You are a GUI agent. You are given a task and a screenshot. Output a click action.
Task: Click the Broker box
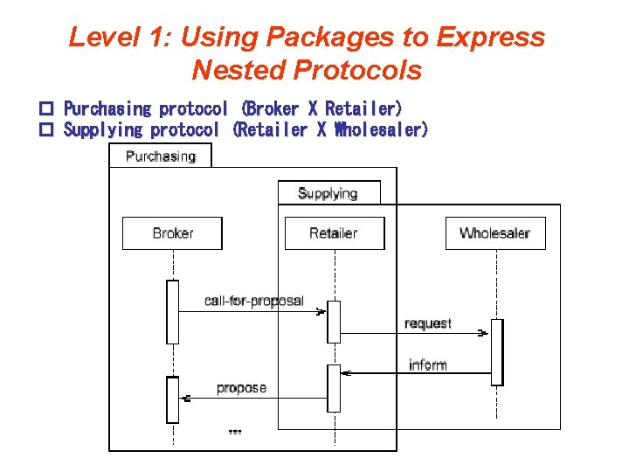click(x=172, y=233)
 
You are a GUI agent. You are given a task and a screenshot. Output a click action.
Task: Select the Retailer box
click(x=334, y=233)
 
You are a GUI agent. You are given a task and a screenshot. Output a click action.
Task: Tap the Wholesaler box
click(x=495, y=233)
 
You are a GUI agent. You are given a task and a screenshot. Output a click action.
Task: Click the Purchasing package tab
click(x=160, y=156)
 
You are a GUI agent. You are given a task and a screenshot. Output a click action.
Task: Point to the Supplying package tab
click(x=328, y=193)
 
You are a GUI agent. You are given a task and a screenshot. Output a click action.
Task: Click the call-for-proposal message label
click(x=253, y=301)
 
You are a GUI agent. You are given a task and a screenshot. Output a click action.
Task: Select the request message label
click(x=428, y=323)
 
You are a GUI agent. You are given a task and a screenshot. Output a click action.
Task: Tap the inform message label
click(x=428, y=364)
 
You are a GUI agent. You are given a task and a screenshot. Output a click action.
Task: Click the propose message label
click(x=241, y=387)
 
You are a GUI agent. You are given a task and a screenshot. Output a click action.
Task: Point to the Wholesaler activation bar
click(x=497, y=352)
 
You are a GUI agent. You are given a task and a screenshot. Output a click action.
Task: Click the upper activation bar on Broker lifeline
click(x=173, y=312)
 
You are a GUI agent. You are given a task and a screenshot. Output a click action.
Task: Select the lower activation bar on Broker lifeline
click(x=173, y=399)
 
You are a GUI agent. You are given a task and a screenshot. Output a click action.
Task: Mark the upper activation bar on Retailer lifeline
click(x=334, y=322)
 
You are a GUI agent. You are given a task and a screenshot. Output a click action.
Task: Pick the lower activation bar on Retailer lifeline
click(x=334, y=387)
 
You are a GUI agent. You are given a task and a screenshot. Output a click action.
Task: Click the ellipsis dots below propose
click(x=234, y=431)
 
